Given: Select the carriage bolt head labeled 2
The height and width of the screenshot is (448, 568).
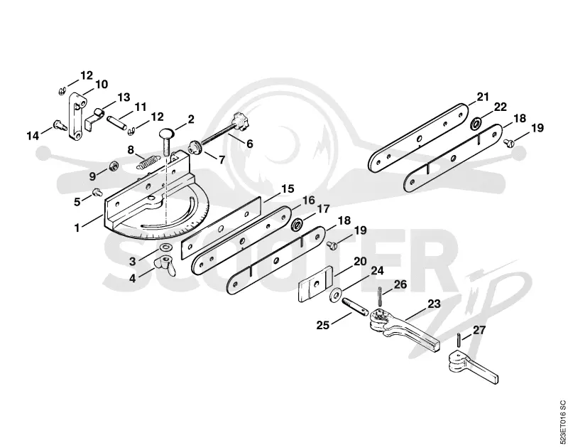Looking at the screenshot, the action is point(167,134).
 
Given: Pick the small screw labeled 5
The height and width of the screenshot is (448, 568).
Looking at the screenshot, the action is point(97,192).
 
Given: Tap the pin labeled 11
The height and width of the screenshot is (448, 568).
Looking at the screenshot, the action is point(116,121).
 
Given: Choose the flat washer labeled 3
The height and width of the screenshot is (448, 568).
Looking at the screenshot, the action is point(166,247).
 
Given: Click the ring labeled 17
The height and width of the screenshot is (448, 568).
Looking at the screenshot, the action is point(297,225).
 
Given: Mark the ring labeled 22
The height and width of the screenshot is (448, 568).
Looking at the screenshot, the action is point(476,124).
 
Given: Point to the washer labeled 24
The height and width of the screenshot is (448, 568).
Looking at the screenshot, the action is point(334,294).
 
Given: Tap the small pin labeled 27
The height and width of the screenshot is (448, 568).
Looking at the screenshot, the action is point(459,340).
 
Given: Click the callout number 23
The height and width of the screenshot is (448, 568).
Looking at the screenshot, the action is point(435,303).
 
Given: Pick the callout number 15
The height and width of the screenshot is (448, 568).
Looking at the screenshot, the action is point(288,189).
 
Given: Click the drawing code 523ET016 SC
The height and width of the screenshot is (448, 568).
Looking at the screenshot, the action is point(562,423).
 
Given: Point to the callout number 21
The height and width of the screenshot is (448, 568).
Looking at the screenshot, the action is point(483,97).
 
